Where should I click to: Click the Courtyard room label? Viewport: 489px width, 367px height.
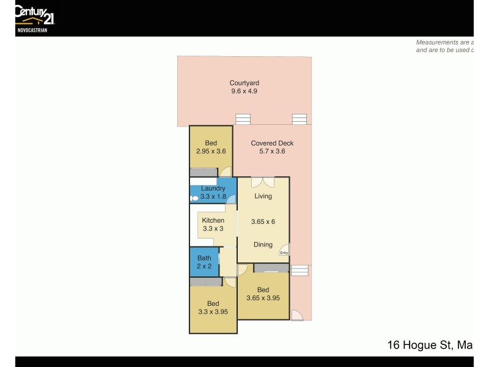pos(244,83)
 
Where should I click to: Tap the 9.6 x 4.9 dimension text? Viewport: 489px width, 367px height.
pos(244,92)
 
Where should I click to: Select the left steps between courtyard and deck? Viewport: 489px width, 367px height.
pos(243,119)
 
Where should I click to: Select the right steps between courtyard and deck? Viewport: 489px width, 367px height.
pos(299,119)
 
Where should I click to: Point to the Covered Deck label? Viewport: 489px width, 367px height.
pos(272,143)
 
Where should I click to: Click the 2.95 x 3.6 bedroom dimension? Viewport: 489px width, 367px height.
pos(211,152)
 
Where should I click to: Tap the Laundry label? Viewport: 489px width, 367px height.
pos(213,188)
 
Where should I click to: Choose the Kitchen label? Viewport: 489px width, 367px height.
pos(213,220)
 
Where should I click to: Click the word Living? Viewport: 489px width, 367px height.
pos(263,196)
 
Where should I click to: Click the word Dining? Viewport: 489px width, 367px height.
pos(263,245)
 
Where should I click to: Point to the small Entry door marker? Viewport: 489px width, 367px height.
pos(284,251)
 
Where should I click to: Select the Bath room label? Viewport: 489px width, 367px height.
pos(204,258)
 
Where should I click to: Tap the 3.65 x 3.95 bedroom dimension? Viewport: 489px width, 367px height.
pos(263,298)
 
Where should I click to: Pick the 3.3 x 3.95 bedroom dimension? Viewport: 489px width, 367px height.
pos(213,312)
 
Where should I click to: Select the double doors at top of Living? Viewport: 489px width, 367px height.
pos(263,182)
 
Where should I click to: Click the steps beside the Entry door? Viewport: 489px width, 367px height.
pos(300,270)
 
